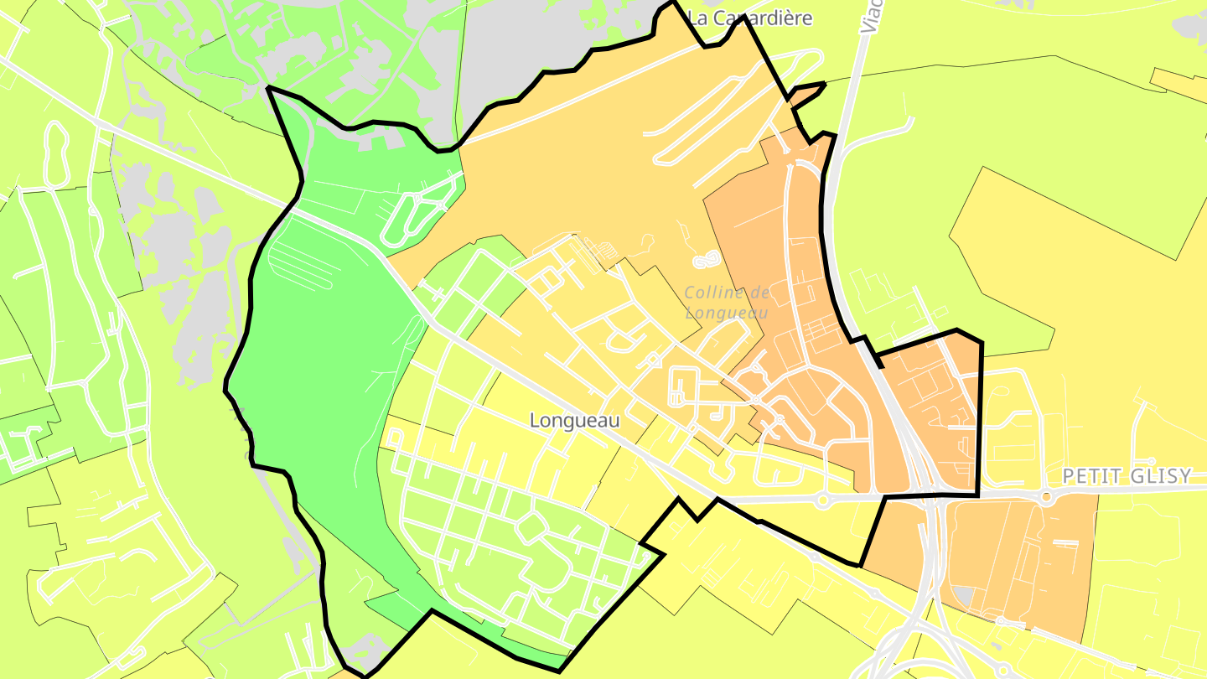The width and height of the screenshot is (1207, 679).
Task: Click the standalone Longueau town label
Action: point(575,421)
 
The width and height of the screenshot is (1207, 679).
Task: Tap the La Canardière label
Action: point(750,18)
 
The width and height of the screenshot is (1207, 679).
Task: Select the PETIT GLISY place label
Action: point(1126,476)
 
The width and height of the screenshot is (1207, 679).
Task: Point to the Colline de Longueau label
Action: point(727,303)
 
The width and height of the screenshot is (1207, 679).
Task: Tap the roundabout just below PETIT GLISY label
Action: point(1047,497)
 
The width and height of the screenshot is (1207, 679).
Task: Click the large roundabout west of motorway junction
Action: point(822,501)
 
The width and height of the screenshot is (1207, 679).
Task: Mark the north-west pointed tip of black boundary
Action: point(268,87)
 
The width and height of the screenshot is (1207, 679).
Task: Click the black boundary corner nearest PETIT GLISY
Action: point(977,495)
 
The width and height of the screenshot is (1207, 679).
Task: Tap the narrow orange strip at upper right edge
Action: point(1178,80)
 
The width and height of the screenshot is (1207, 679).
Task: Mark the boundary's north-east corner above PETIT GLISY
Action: point(981,342)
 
